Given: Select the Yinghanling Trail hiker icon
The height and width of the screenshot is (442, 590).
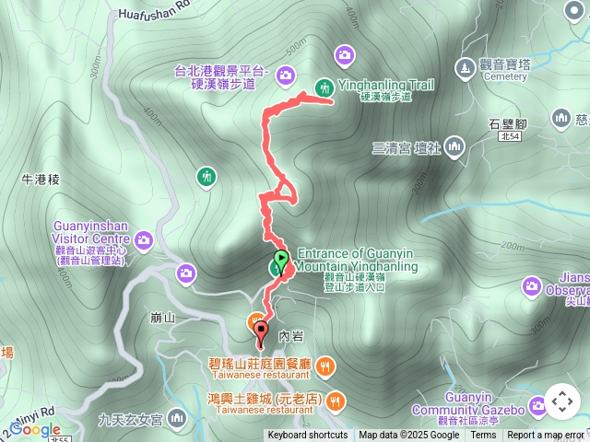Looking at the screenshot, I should pyautogui.click(x=324, y=88).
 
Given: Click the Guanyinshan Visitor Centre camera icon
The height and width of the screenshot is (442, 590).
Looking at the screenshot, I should pyautogui.click(x=144, y=241).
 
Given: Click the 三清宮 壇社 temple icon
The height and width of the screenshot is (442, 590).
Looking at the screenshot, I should pyautogui.click(x=454, y=147).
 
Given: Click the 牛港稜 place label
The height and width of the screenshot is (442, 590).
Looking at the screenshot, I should pyautogui.click(x=41, y=180).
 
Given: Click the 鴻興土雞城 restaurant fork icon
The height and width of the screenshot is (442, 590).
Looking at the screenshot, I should pyautogui.click(x=336, y=400).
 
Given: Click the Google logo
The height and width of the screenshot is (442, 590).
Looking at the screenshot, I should pyautogui.click(x=35, y=430).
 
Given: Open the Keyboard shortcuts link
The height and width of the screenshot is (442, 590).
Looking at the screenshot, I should pyautogui.click(x=308, y=436).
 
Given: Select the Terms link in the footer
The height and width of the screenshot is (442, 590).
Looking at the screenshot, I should pyautogui.click(x=483, y=436).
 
